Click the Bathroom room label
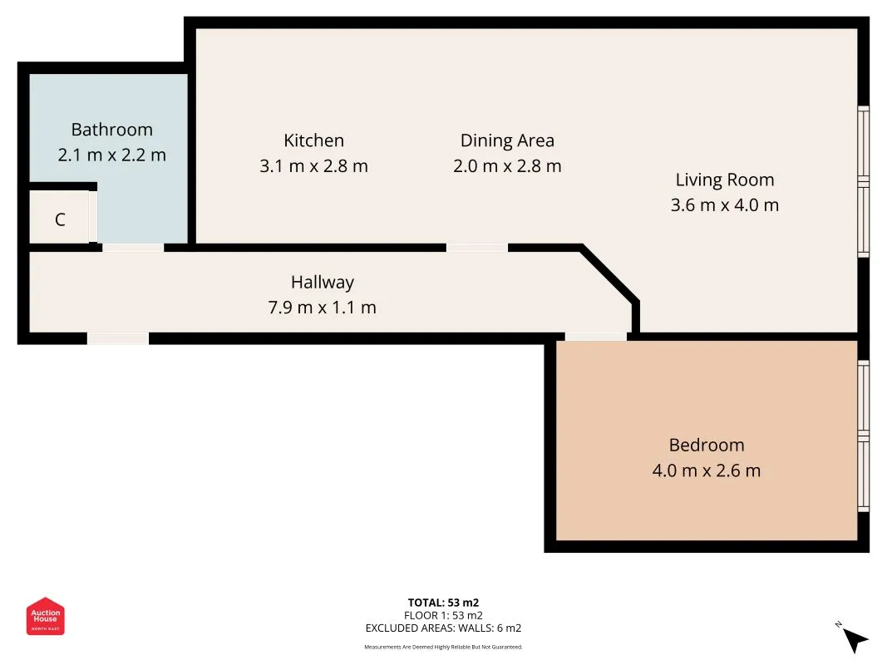(112, 130)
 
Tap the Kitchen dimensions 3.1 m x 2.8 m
(314, 166)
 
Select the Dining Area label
(507, 140)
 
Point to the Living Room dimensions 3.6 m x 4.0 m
(725, 204)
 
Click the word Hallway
(323, 282)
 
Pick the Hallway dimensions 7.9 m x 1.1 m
(322, 308)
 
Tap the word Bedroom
(707, 445)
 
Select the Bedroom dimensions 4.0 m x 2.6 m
(707, 470)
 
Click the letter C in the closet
(61, 219)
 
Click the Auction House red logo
(45, 616)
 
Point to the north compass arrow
(855, 640)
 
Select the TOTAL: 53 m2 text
(444, 603)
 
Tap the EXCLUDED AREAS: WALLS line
(444, 628)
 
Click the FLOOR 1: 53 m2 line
(444, 615)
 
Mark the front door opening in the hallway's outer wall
(118, 338)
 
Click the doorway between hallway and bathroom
(134, 248)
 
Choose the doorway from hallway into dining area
(477, 248)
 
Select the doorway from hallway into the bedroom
(596, 337)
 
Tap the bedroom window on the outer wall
(863, 436)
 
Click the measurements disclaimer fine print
(444, 647)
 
